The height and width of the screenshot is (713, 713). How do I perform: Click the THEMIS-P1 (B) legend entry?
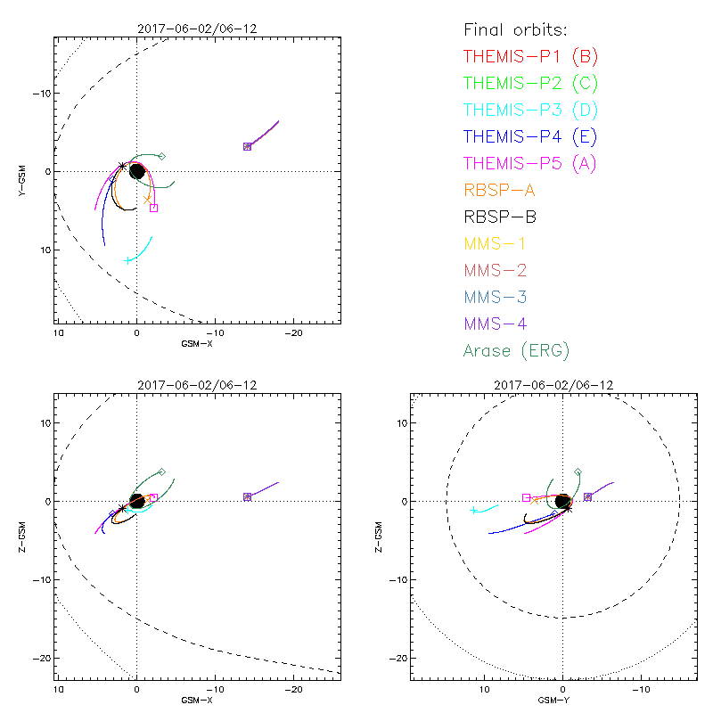(x=530, y=56)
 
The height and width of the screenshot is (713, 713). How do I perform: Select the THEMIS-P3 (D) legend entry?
(x=530, y=110)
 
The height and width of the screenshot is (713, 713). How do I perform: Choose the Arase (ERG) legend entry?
(x=516, y=350)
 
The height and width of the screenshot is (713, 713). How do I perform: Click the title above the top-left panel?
(x=197, y=29)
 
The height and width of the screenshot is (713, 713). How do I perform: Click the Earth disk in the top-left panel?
(x=136, y=170)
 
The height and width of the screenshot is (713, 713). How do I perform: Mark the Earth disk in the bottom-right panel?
(x=563, y=502)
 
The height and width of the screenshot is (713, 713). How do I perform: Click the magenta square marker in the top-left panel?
(x=153, y=208)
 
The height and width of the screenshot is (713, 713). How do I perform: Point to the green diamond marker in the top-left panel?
(x=161, y=156)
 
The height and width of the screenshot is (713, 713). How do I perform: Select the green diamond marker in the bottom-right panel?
(x=578, y=471)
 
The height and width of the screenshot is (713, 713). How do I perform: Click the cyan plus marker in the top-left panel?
(x=127, y=260)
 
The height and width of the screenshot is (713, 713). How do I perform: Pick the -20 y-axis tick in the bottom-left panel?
(x=39, y=658)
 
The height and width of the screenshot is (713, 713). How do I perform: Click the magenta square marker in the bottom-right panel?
(x=526, y=497)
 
